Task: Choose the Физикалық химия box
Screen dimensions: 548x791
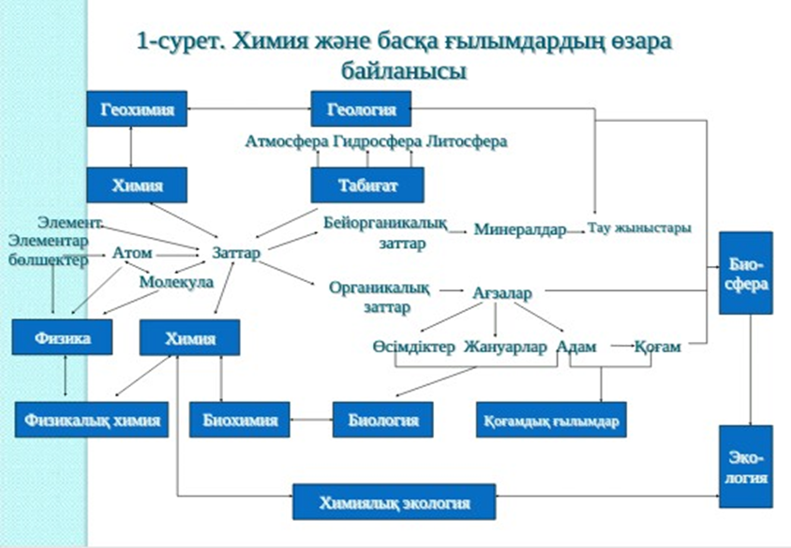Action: [x=92, y=420]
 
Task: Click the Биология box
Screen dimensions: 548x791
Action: [x=382, y=420]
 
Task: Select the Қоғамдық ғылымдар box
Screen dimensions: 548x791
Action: [x=551, y=420]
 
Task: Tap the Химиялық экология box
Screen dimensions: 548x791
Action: [x=394, y=502]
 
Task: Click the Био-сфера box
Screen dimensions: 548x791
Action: [x=746, y=273]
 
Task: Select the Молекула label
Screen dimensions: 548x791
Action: [x=176, y=281]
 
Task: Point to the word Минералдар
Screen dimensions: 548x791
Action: [x=520, y=230]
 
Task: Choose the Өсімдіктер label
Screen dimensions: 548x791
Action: [x=414, y=347]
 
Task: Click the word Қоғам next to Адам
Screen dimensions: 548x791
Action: [x=657, y=347]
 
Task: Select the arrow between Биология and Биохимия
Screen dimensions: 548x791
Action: [x=309, y=420]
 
